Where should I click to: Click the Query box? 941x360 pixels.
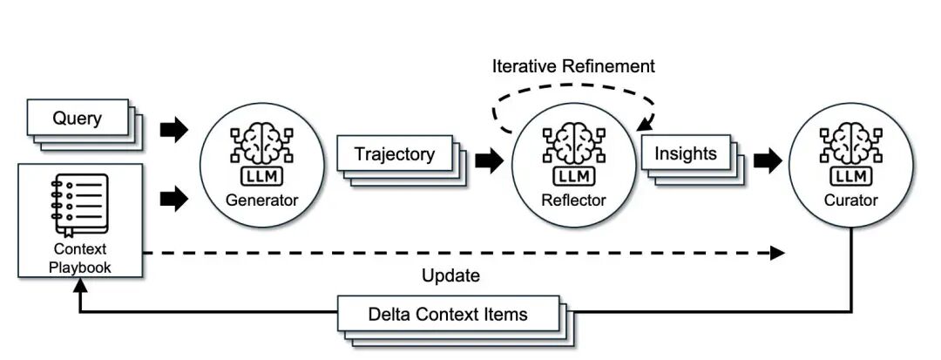(78, 118)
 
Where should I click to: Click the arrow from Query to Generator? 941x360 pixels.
(174, 131)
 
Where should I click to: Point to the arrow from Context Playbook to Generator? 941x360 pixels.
(174, 199)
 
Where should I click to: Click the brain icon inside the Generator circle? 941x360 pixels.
(261, 145)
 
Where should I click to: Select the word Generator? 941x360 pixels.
(262, 200)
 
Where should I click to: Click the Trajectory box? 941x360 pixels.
(395, 154)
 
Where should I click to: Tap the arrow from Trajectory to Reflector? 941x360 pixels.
(488, 160)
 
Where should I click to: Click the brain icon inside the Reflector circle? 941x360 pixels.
(572, 145)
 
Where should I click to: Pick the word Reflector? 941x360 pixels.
(572, 200)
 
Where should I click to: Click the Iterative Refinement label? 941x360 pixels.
(572, 66)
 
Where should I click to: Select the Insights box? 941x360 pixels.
(685, 154)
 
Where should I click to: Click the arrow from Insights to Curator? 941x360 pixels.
(768, 160)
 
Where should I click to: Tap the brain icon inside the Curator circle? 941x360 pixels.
(851, 145)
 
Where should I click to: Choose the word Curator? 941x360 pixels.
(851, 200)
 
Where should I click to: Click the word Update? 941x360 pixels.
(450, 276)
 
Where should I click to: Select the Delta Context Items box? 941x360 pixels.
(448, 314)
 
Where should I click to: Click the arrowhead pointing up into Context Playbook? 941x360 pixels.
(81, 287)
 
